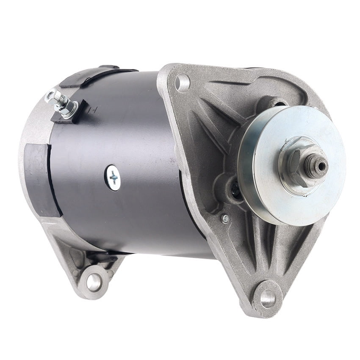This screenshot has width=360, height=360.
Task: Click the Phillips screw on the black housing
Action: (113, 177)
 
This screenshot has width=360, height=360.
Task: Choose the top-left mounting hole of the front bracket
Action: (183, 83)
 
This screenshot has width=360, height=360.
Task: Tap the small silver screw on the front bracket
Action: (225, 219)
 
